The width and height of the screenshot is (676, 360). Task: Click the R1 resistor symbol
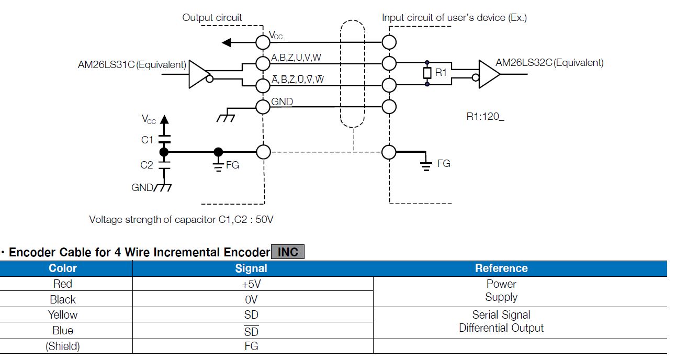[x=427, y=73]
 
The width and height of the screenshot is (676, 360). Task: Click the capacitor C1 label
[x=147, y=140]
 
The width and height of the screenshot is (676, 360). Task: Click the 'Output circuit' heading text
[x=212, y=18]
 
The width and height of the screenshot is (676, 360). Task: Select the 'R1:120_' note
[x=485, y=116]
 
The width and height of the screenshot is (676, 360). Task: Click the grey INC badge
[x=287, y=252]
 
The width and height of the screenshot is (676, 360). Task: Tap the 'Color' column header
[x=63, y=268]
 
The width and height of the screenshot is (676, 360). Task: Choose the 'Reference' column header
[x=501, y=268]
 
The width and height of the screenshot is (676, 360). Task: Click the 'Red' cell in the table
[x=63, y=284]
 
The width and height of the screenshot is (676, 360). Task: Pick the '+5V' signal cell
[x=251, y=284]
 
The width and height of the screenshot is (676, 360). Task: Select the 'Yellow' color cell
[x=63, y=315]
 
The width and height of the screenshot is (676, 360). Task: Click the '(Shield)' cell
[x=63, y=346]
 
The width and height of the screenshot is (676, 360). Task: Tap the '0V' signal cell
[x=251, y=300]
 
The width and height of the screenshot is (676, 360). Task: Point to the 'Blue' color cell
[x=63, y=331]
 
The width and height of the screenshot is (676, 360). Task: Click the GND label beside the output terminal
[x=282, y=102]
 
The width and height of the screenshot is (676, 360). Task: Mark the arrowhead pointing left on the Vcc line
[x=226, y=42]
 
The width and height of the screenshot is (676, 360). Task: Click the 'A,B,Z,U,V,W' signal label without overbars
[x=296, y=57]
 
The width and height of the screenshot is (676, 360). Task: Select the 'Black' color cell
[x=63, y=300]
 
